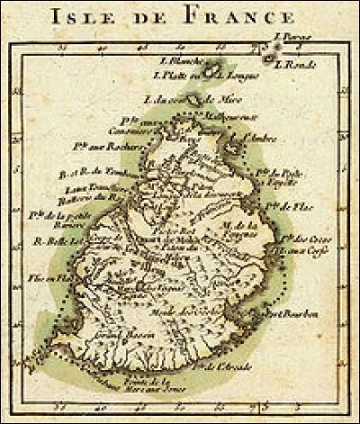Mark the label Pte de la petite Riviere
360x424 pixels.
(55, 219)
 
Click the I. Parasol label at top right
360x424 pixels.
(292, 37)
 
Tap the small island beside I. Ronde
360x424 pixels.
(270, 57)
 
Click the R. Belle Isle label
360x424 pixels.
(54, 242)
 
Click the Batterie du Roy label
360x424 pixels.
(92, 197)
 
